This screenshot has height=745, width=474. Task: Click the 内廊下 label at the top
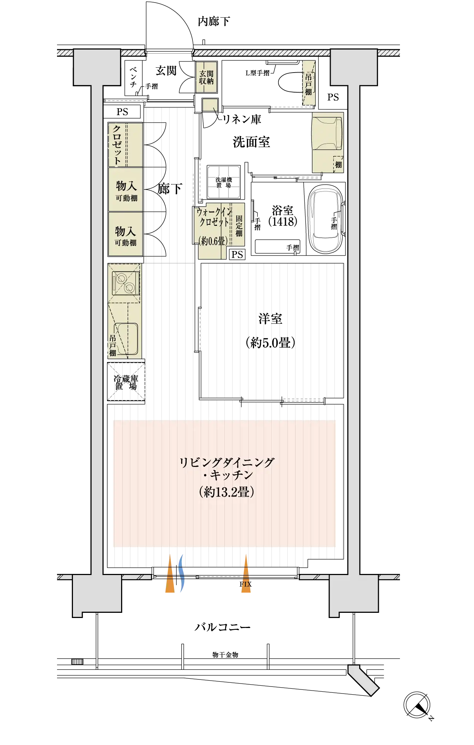214,21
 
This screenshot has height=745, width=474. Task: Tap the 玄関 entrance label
166,70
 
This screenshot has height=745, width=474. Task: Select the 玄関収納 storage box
206,77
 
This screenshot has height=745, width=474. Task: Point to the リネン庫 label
241,119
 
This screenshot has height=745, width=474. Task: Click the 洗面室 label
251,142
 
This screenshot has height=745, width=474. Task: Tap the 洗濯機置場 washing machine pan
224,182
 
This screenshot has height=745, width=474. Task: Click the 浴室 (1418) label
283,216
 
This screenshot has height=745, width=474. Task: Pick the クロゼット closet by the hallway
126,145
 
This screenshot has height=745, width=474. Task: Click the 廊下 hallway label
170,189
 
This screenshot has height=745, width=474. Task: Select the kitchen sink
126,339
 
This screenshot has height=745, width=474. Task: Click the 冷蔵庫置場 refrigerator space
126,382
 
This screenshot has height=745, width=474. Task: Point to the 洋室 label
270,319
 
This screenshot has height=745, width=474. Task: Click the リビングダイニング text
227,462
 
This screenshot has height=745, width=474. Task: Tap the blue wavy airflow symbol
181,573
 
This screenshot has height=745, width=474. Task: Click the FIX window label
246,584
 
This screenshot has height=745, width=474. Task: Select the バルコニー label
223,627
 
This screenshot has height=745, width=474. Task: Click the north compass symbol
417,705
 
